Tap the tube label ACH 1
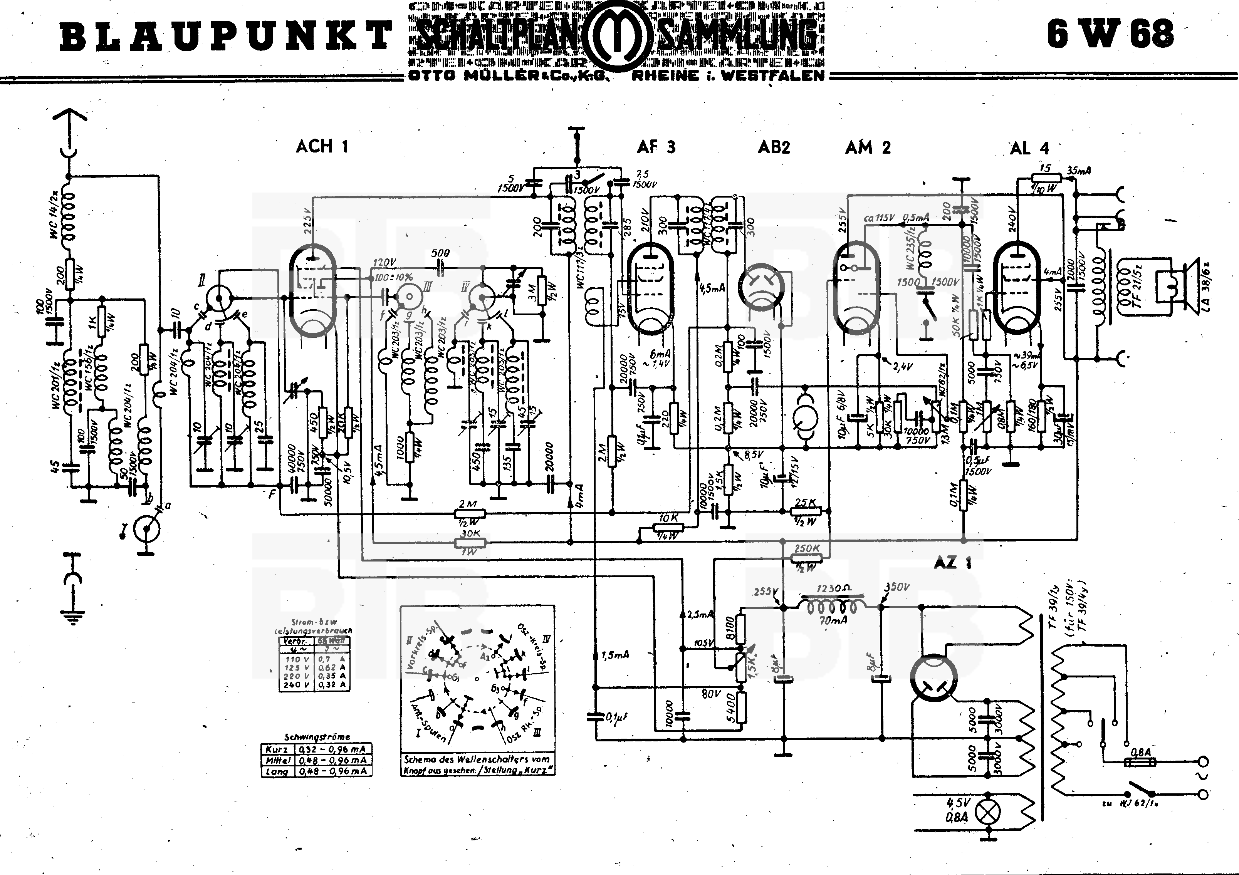tap(322, 146)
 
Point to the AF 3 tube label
tap(656, 147)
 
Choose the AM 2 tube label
tap(867, 147)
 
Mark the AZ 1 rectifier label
tap(952, 563)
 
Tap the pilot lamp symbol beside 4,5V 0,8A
tap(989, 811)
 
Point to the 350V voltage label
tap(897, 587)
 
